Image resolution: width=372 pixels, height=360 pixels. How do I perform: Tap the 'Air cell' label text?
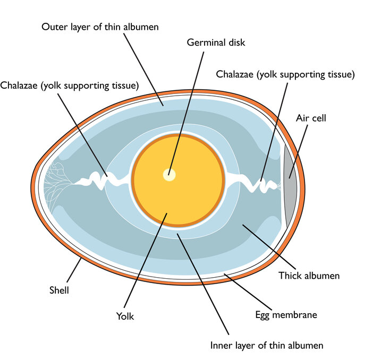click(x=311, y=117)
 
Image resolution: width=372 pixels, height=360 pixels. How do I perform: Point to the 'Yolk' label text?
click(x=125, y=316)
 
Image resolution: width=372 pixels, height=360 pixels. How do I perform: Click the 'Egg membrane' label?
click(x=286, y=315)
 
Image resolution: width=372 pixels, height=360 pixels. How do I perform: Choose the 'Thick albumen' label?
click(x=309, y=276)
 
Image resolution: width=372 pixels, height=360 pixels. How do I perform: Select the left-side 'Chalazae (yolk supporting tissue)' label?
click(x=70, y=85)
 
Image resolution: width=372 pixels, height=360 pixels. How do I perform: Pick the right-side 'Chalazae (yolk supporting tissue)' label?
click(x=285, y=74)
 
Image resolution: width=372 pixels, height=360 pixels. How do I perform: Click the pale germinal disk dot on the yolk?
click(x=170, y=174)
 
